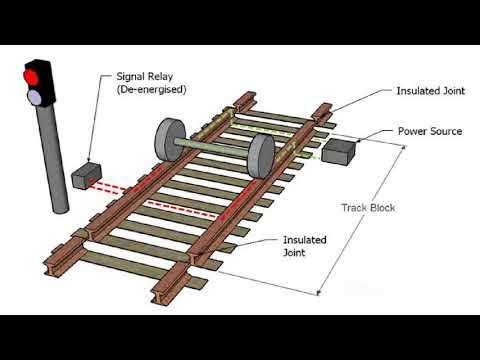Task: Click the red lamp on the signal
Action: point(33,76)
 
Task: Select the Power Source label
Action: point(430,131)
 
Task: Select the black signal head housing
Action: point(37,85)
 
